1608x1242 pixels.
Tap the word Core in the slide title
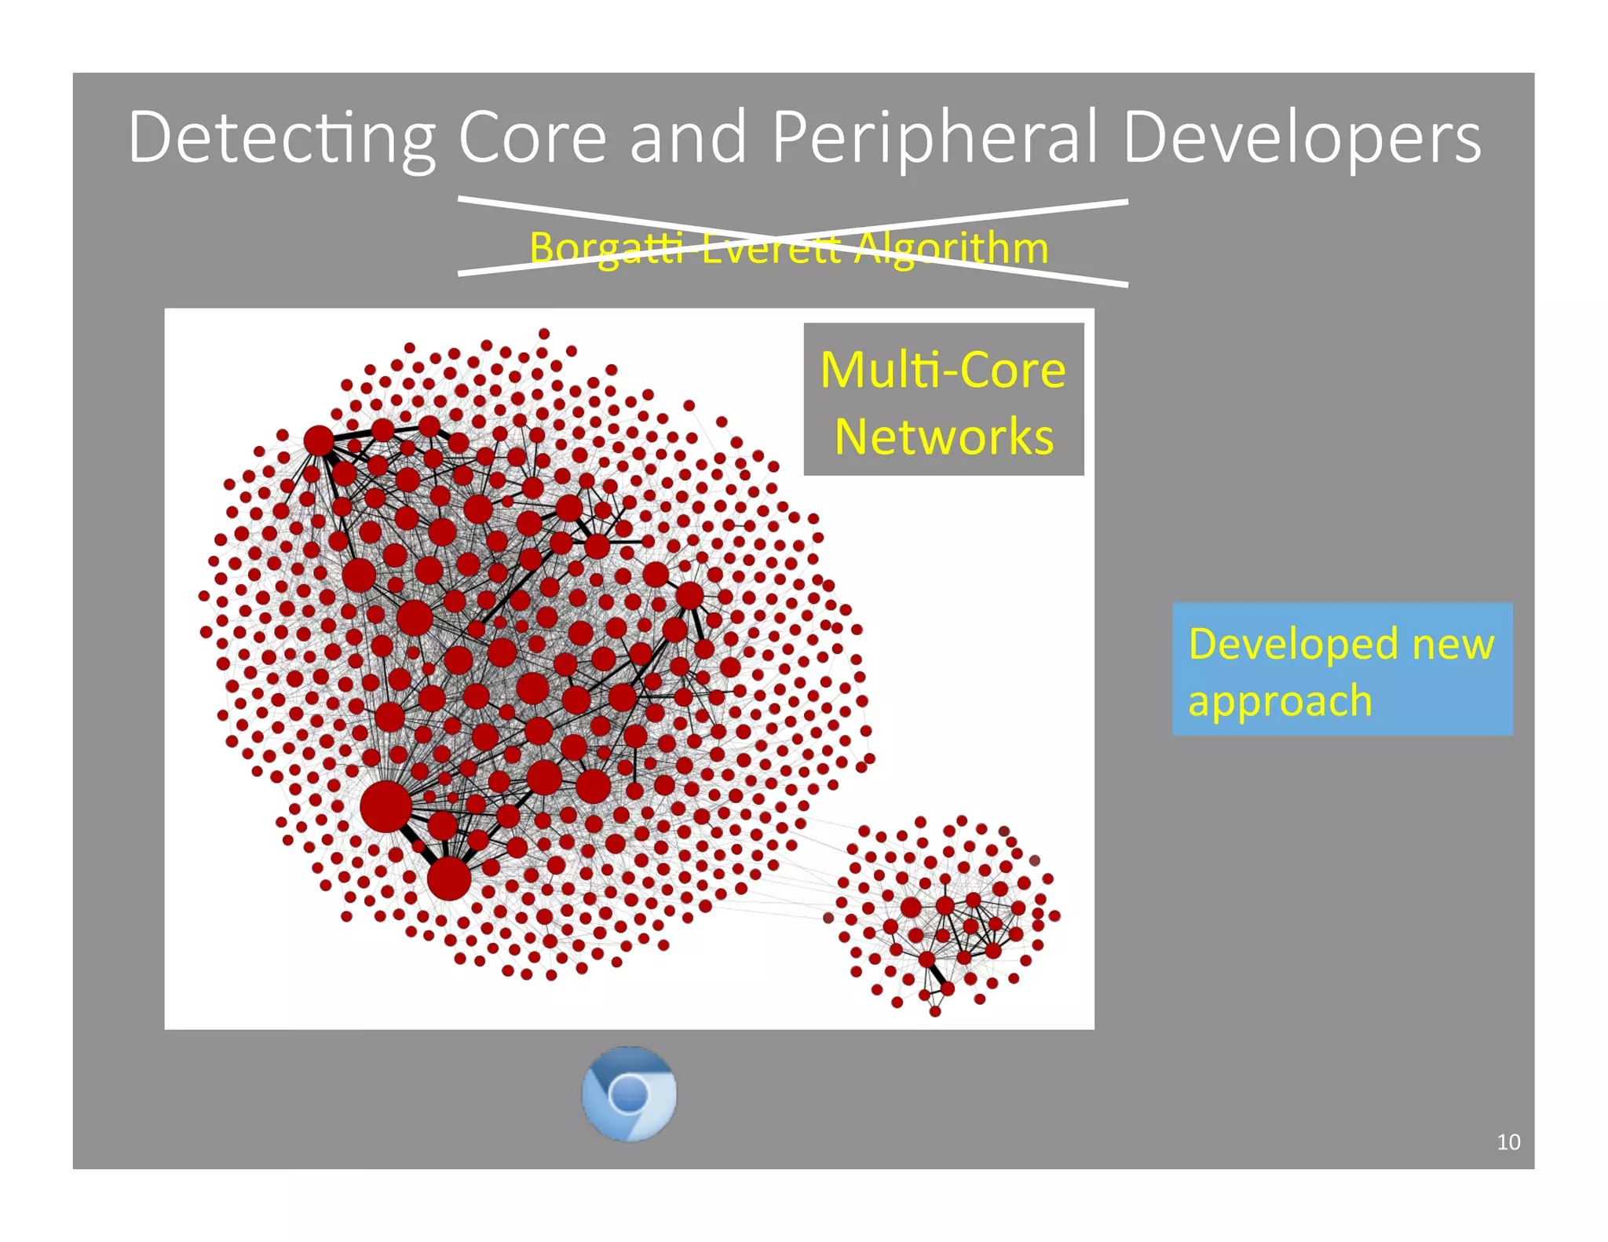pyautogui.click(x=532, y=138)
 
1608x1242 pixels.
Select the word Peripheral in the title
pyautogui.click(x=934, y=138)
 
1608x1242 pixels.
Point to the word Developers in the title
pyautogui.click(x=1302, y=138)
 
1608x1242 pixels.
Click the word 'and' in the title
pyautogui.click(x=688, y=138)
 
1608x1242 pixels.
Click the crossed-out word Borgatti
pyautogui.click(x=605, y=248)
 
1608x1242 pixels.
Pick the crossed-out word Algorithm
pyautogui.click(x=952, y=248)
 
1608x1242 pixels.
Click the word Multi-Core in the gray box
pyautogui.click(x=943, y=370)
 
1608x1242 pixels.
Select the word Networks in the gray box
pyautogui.click(x=943, y=437)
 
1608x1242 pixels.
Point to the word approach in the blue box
pyautogui.click(x=1280, y=700)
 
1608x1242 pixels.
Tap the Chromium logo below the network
pyautogui.click(x=629, y=1093)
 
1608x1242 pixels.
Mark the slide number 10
pyautogui.click(x=1508, y=1142)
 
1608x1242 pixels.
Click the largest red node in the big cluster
pyautogui.click(x=386, y=806)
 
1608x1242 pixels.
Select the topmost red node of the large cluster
pyautogui.click(x=544, y=334)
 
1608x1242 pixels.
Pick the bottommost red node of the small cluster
pyautogui.click(x=935, y=1012)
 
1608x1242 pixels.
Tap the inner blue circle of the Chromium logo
pyautogui.click(x=629, y=1093)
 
